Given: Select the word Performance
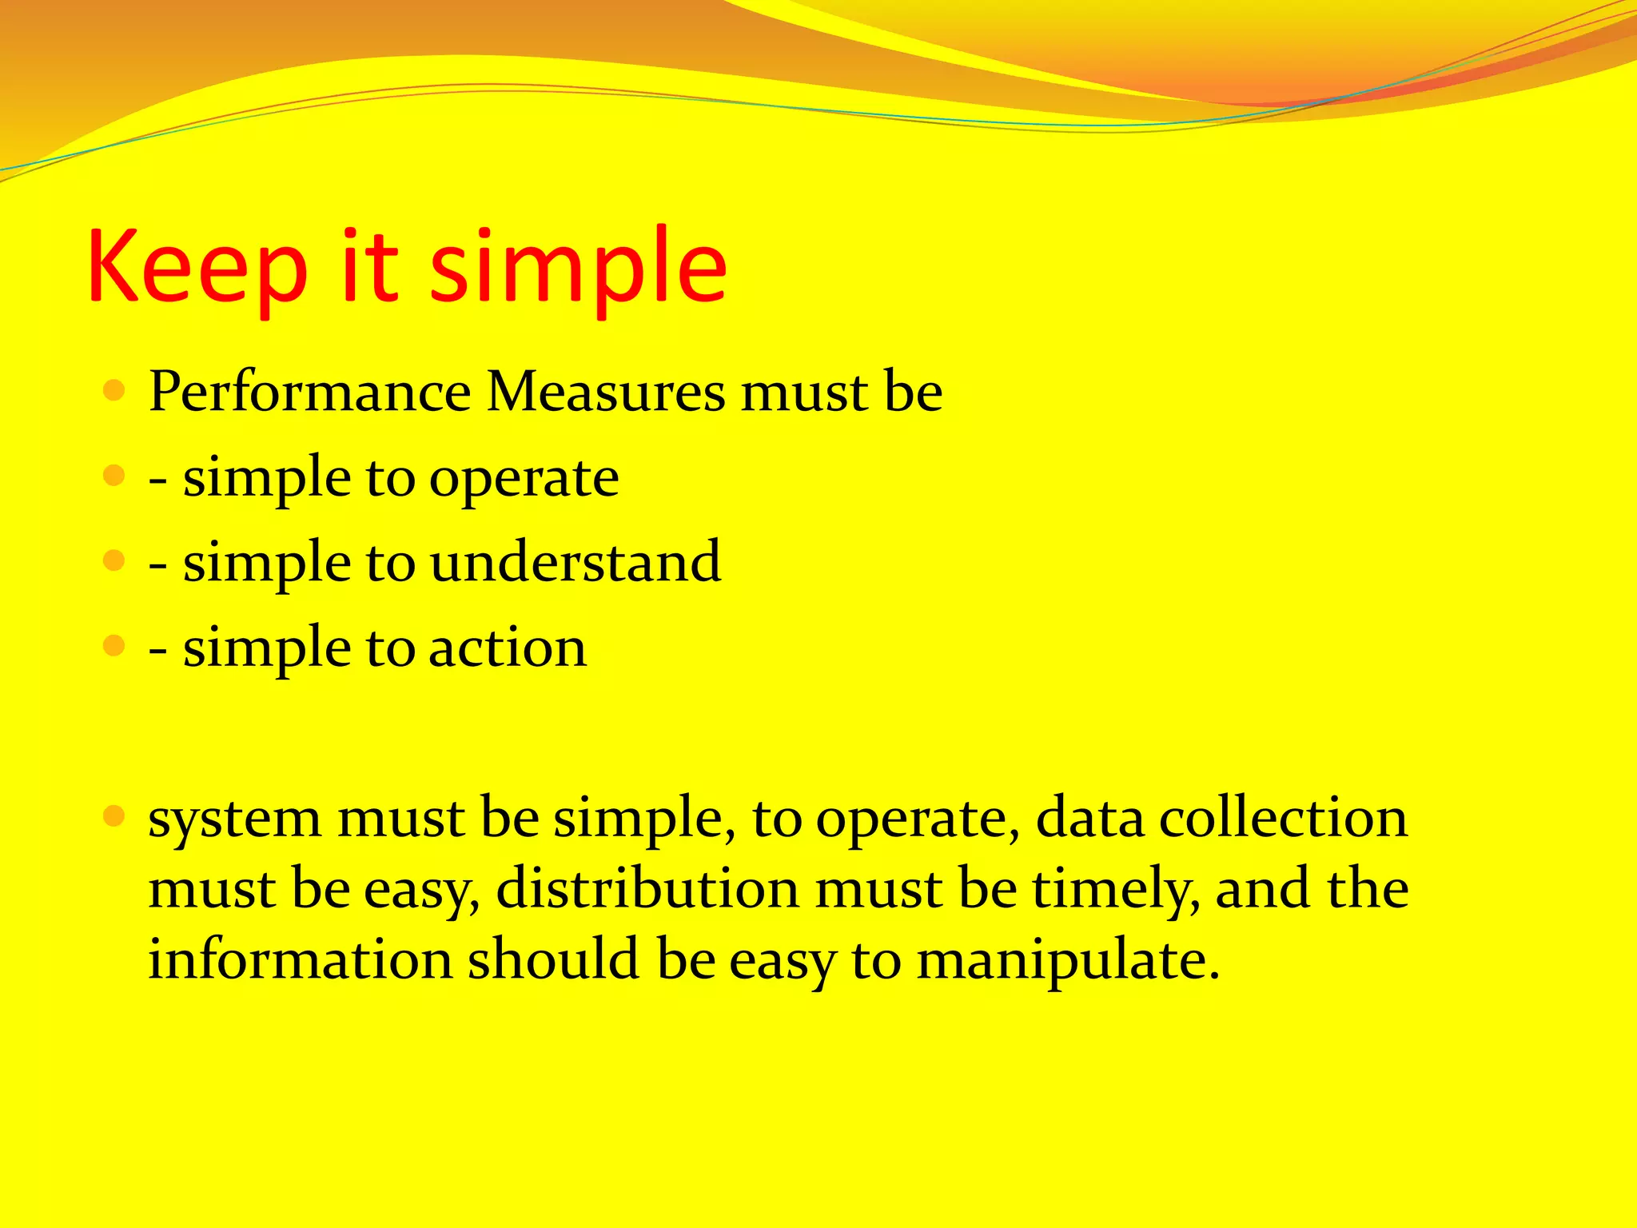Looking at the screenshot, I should coord(310,393).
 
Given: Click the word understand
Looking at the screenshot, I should coord(576,562).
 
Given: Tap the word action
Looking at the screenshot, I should coord(508,647).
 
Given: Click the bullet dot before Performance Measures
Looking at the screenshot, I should coord(115,391).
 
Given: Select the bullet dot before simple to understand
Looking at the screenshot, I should coord(115,560).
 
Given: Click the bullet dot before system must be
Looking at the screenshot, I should coord(115,816).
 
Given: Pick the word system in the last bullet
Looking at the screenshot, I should coord(235,820).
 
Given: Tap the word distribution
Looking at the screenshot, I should coord(647,889).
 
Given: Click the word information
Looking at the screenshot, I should coord(300,959).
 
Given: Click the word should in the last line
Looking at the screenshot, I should coord(553,959).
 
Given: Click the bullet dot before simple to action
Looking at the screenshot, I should coord(115,645).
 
